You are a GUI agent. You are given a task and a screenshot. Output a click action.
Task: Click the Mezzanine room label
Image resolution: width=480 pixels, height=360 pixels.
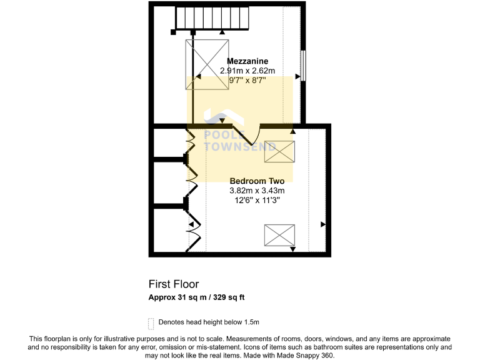pos(247,61)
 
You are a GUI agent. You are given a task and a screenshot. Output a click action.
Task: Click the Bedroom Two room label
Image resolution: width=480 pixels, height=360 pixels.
pos(257,181)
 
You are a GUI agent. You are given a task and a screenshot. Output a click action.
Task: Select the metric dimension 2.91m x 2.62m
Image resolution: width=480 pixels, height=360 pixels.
pos(247,71)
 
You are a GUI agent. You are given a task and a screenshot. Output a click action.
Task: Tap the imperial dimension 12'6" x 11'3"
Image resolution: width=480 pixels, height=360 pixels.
pos(257,201)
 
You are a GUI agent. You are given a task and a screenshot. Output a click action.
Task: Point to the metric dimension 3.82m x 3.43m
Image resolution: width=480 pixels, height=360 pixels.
pos(257,191)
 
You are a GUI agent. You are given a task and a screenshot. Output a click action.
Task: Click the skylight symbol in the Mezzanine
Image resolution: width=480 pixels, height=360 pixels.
pos(207,64)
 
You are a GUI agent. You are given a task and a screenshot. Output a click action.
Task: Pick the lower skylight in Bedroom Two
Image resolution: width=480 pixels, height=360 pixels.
pos(279,235)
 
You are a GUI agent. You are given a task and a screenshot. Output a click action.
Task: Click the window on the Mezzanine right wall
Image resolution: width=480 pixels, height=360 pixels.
pos(304,65)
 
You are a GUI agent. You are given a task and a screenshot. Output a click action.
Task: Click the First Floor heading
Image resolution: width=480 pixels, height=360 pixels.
pos(174,284)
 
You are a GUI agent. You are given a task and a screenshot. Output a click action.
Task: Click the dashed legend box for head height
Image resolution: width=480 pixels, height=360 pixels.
pos(151,323)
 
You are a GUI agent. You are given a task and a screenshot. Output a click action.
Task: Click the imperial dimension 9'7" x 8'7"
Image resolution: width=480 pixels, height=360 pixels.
pos(247,80)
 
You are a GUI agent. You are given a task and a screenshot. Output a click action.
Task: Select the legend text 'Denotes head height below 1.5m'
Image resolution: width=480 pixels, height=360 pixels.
pos(209,322)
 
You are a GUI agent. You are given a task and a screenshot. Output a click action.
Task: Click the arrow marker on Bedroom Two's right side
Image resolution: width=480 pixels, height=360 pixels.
pos(323,223)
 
